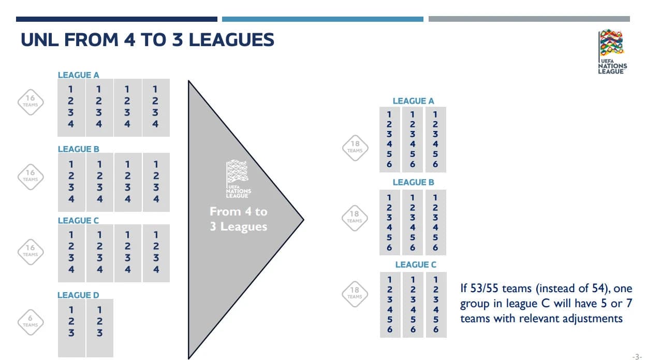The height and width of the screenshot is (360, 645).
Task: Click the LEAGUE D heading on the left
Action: tap(78, 295)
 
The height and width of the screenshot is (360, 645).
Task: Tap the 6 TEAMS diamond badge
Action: tap(30, 322)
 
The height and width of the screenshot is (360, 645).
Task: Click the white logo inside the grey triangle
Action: tap(238, 179)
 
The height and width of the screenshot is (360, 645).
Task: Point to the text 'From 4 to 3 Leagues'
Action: tap(239, 219)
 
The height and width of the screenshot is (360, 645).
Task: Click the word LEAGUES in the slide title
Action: tap(231, 40)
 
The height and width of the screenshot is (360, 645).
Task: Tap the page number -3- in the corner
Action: tap(640, 356)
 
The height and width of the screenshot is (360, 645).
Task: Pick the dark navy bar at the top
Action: tap(116, 19)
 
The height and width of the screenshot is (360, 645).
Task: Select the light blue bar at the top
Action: tap(322, 19)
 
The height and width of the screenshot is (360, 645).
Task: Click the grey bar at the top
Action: tap(529, 19)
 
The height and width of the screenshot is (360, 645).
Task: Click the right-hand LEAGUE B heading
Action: tap(413, 182)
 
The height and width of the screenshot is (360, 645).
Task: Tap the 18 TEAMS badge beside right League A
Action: tap(355, 148)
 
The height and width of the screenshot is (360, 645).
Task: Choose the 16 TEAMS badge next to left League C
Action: tap(30, 252)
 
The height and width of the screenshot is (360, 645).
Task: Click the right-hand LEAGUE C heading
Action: tap(416, 265)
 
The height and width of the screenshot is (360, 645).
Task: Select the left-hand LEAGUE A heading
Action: tap(78, 75)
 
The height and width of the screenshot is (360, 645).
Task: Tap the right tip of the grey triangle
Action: tap(303, 220)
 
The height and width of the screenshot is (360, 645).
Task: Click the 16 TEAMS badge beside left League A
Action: tap(30, 102)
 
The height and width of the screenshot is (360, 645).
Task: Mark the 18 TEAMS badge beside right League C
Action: tap(355, 294)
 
